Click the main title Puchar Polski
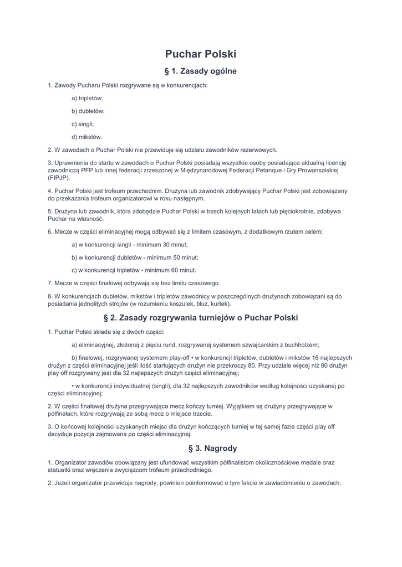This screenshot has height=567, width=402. point(201,54)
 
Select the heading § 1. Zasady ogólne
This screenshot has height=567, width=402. point(201,71)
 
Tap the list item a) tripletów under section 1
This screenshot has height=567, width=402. point(87,98)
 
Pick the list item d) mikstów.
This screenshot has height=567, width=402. point(87,137)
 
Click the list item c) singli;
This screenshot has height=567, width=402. point(83,124)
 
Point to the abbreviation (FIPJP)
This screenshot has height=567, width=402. point(59,178)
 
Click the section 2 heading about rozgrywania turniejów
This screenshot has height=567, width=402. point(201,318)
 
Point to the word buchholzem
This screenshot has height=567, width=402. point(302,344)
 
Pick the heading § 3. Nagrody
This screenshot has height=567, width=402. point(201,448)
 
